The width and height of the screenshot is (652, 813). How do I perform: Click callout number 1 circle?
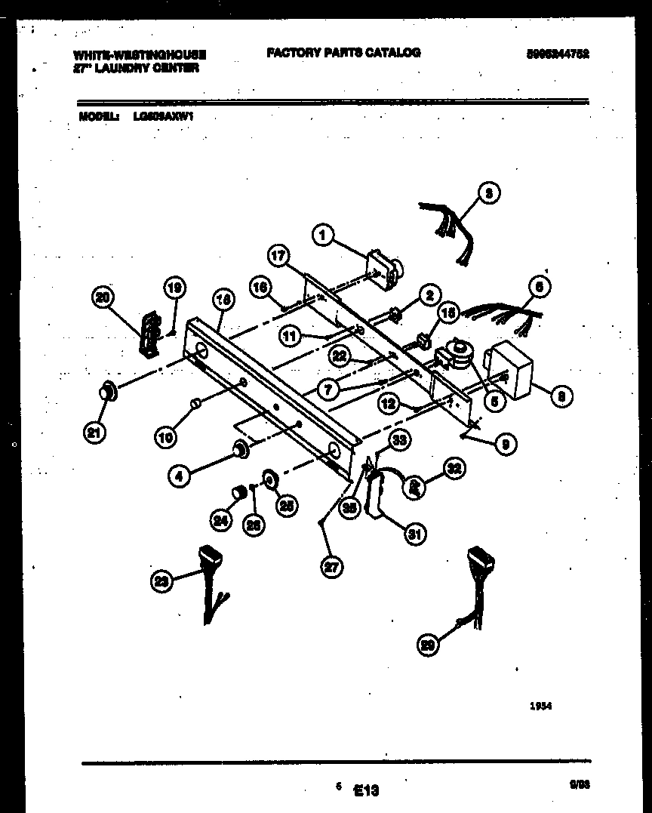(323, 236)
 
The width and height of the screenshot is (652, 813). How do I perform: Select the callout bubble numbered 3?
(489, 193)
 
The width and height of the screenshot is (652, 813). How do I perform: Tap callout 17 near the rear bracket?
(278, 256)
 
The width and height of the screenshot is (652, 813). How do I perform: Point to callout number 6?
(540, 287)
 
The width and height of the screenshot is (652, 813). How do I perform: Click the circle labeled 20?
(103, 298)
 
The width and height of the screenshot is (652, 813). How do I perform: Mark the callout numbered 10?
(167, 436)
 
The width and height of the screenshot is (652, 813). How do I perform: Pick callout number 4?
(178, 476)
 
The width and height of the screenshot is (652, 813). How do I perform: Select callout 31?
(414, 534)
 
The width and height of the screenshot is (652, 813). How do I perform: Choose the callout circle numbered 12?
(389, 404)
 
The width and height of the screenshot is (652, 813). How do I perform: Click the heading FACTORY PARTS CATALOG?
(343, 52)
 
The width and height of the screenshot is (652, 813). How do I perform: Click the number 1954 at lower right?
(541, 707)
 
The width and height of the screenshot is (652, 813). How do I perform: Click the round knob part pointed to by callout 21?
(109, 390)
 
